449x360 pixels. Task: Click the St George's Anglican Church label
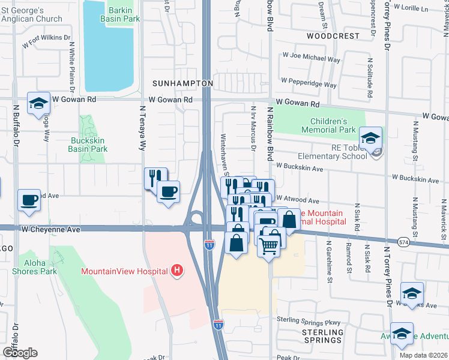click(x=31, y=14)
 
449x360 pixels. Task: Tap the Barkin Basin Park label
click(x=124, y=14)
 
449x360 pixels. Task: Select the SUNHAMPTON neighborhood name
click(x=182, y=83)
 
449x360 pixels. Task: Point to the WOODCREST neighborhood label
click(x=324, y=36)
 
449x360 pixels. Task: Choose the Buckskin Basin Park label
click(x=86, y=145)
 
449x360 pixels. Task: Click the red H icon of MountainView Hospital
click(x=176, y=271)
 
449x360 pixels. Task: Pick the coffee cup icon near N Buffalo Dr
click(x=29, y=199)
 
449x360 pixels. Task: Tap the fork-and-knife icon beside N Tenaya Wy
click(x=155, y=178)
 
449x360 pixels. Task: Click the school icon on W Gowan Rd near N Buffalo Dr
click(x=38, y=103)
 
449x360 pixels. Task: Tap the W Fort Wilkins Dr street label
click(x=46, y=41)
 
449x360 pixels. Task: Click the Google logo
click(x=19, y=352)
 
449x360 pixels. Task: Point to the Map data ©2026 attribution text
click(x=423, y=355)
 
